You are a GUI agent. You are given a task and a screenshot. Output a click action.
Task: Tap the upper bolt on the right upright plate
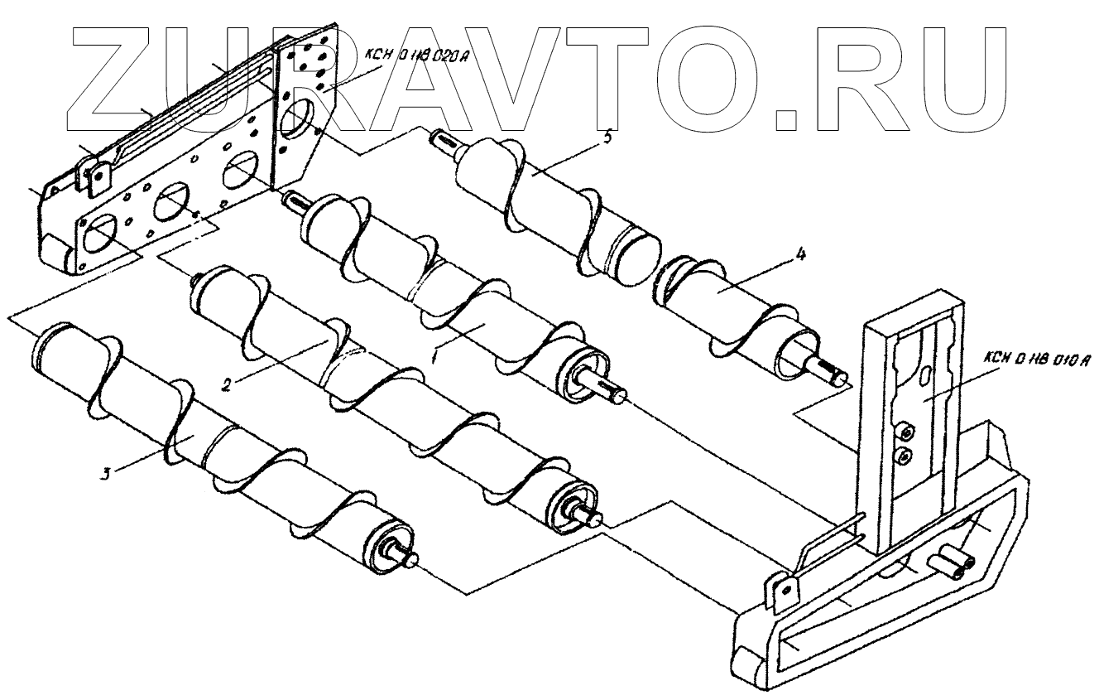click(x=906, y=431)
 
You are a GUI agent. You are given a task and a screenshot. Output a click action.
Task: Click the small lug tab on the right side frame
click(x=782, y=590)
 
